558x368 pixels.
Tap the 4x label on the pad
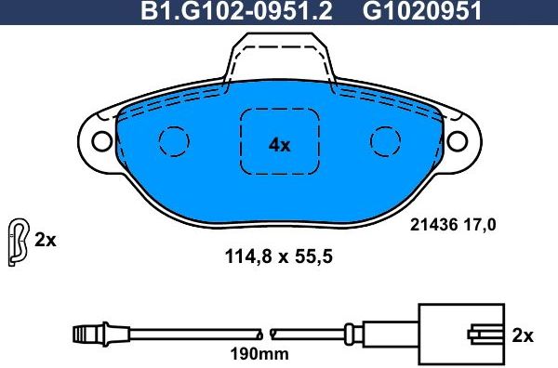coord(279,144)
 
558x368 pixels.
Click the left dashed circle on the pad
coord(173,140)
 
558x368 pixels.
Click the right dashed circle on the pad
coord(385,140)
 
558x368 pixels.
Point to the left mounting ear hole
coord(100,141)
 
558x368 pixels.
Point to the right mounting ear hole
coord(458,141)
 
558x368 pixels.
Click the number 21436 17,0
coord(452,223)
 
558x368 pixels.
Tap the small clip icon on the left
coord(17,240)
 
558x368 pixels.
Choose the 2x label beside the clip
coord(46,240)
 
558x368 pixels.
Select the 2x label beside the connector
coord(524,335)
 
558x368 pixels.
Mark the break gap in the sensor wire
coord(266,332)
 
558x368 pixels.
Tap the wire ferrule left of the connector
coord(350,332)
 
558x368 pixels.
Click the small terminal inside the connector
coord(484,332)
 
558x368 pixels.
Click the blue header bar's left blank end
coord(56,11)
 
